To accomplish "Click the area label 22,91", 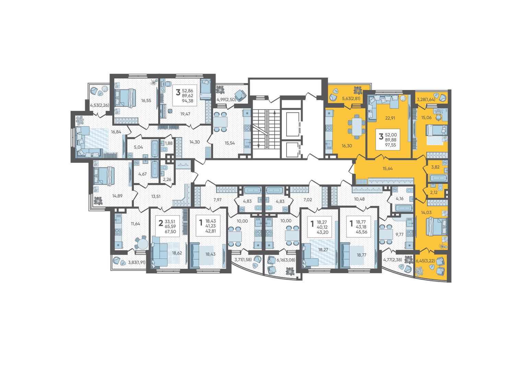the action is click(390, 118).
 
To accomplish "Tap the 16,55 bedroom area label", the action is click(146, 100).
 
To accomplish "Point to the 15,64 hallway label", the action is click(388, 168).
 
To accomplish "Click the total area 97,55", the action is click(391, 145).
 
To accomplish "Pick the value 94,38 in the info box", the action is click(188, 101).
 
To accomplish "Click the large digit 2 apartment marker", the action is click(161, 223).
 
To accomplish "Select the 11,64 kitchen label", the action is click(136, 224).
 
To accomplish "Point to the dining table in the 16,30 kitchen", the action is click(357, 126).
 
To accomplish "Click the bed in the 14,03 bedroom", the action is click(437, 226).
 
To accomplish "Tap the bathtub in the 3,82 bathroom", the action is click(439, 178).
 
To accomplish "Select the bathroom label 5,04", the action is click(138, 147).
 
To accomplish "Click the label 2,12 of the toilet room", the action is click(434, 192).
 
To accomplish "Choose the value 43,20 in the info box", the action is click(323, 232).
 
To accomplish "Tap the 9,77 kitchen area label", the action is click(399, 234).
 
